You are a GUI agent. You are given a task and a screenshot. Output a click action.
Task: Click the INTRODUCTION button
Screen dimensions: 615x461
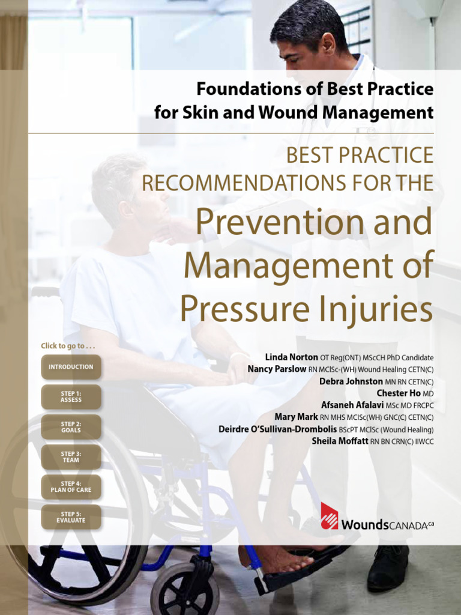click(x=71, y=367)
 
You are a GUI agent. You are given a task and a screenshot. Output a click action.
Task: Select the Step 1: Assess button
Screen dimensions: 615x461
click(x=71, y=397)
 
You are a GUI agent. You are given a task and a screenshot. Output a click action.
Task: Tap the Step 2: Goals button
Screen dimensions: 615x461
click(x=71, y=427)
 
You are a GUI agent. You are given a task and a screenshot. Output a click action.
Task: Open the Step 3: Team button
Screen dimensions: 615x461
click(x=71, y=457)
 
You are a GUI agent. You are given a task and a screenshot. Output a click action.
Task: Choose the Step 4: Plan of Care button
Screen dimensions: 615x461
click(x=71, y=487)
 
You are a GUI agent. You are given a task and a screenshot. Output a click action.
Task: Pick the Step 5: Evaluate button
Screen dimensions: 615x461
click(x=71, y=517)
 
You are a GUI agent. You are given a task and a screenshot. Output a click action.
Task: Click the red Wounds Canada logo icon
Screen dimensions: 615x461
click(x=329, y=517)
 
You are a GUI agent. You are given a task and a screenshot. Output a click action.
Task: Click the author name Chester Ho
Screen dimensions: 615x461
click(x=399, y=393)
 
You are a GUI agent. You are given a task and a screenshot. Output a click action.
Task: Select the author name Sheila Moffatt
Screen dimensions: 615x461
click(x=339, y=441)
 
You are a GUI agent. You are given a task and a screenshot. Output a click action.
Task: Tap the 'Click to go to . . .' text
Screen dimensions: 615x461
click(x=68, y=346)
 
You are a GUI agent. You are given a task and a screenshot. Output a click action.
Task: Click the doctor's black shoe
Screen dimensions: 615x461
click(x=387, y=568)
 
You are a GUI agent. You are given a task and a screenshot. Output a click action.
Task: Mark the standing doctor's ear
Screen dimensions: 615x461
click(x=328, y=45)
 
